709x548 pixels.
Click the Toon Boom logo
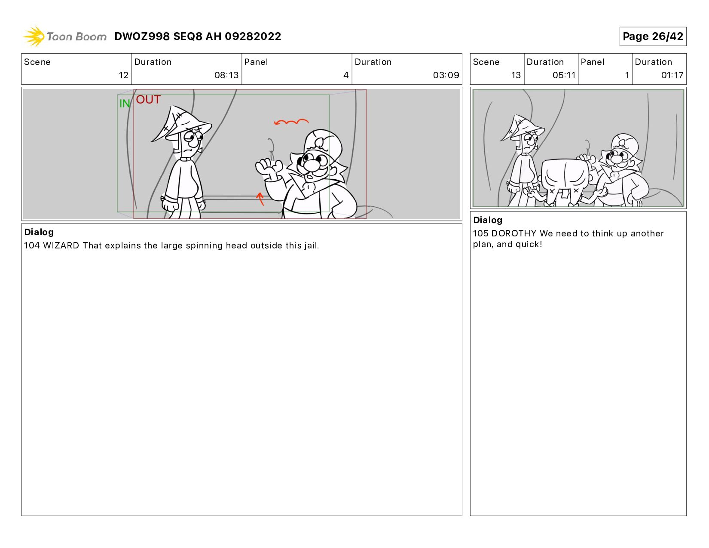click(x=64, y=36)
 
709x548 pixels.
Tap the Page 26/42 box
click(x=653, y=36)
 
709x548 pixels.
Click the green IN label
click(x=125, y=104)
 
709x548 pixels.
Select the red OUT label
click(x=148, y=100)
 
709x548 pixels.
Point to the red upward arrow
click(x=260, y=199)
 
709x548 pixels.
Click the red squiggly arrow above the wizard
click(x=291, y=122)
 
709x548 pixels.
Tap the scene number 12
click(x=124, y=75)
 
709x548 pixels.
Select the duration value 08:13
click(x=226, y=75)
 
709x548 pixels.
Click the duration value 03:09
click(x=446, y=75)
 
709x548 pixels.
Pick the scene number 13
click(x=516, y=75)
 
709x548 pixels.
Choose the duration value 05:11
click(x=564, y=75)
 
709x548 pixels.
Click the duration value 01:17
click(x=672, y=75)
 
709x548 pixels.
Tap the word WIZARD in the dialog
click(x=61, y=245)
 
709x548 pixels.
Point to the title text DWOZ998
click(x=142, y=36)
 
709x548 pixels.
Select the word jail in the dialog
click(x=311, y=245)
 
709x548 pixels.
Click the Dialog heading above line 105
click(x=488, y=220)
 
